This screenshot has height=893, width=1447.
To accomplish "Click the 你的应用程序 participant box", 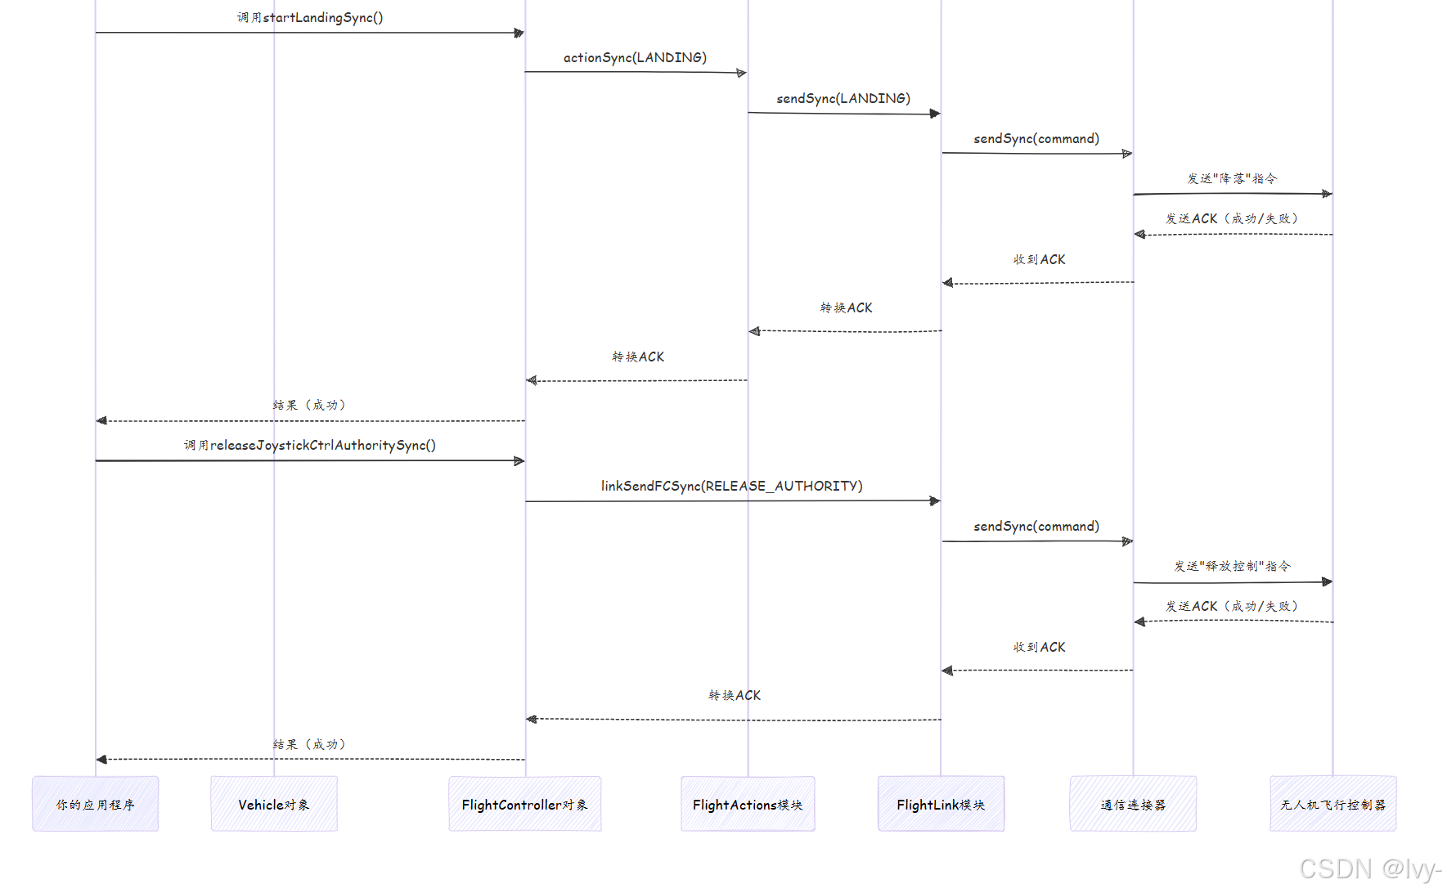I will click(x=95, y=804).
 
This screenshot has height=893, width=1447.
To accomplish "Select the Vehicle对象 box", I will click(x=274, y=804).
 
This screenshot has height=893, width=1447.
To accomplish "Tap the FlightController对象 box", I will click(x=524, y=804).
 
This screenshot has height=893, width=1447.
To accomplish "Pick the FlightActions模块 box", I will click(x=748, y=804).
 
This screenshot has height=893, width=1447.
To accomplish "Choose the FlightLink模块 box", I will click(x=941, y=804).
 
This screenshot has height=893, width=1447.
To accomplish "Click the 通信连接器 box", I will click(x=1133, y=804).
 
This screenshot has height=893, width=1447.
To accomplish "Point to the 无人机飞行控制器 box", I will click(x=1332, y=804).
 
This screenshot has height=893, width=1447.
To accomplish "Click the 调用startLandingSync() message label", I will click(x=310, y=17).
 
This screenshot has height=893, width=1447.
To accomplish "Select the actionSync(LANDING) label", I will click(x=635, y=57).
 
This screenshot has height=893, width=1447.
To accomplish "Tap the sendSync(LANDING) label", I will click(x=843, y=98).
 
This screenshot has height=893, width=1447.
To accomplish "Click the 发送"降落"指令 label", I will click(x=1232, y=178).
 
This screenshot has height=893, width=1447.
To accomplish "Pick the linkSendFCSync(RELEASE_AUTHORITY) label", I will click(x=731, y=486).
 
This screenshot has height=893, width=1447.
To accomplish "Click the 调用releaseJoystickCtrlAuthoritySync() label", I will click(x=310, y=445).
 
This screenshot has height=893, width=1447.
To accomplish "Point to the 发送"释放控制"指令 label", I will click(x=1232, y=566).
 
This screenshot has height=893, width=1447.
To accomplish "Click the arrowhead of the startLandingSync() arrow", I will click(x=519, y=33).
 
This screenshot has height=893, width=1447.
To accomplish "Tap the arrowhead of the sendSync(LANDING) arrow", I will click(x=935, y=114).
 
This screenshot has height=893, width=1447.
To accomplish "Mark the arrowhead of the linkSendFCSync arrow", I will click(x=935, y=500).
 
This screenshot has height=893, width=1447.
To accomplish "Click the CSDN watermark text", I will click(x=1369, y=868).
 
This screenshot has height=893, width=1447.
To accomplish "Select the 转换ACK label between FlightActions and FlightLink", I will click(x=846, y=307).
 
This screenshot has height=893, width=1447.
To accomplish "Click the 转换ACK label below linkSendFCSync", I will click(x=735, y=695).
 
